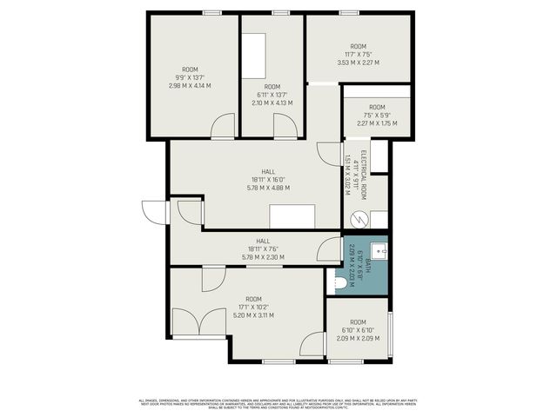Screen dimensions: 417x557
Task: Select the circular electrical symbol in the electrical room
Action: (x=355, y=220)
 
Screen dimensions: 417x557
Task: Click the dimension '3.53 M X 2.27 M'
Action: (x=358, y=62)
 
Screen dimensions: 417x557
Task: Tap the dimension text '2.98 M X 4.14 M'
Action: (x=190, y=85)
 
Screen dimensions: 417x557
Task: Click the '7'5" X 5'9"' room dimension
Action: (x=376, y=115)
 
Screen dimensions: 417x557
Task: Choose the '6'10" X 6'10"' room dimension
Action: (x=358, y=330)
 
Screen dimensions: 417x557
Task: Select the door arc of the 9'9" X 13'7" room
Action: (x=222, y=127)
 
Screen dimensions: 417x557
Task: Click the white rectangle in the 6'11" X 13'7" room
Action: (x=254, y=56)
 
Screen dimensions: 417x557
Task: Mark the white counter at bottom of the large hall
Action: (x=292, y=216)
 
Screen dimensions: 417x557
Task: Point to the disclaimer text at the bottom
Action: (x=278, y=402)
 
